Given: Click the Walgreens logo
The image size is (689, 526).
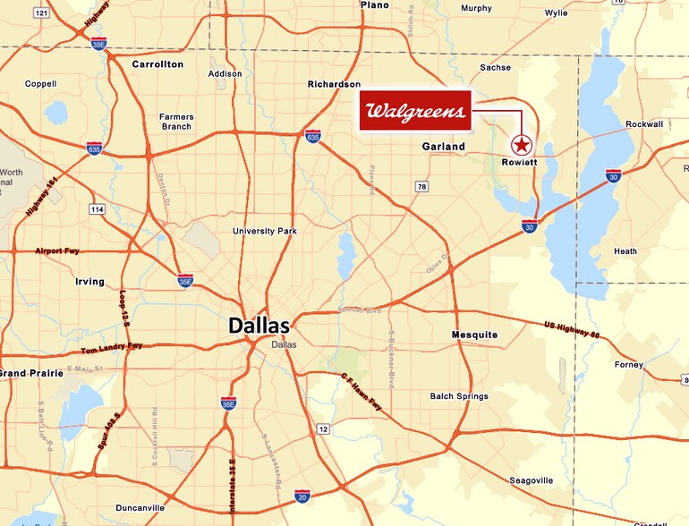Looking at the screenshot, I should point(415,112).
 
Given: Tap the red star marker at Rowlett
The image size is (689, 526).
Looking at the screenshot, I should point(520,144).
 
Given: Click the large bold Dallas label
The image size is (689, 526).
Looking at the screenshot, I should point(259,326).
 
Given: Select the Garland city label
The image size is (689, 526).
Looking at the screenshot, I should point(444,146).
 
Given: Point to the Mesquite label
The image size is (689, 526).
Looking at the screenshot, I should point(474,335).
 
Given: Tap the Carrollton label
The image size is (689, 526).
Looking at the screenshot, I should point(157,64).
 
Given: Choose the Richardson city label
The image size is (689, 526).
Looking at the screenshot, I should point(334,84).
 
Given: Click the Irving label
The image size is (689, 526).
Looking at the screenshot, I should point(89,282).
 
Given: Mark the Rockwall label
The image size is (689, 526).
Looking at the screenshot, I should point(644,123).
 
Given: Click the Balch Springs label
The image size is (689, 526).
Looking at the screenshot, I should point(459,396).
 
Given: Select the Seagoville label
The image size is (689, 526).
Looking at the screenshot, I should point(532,480).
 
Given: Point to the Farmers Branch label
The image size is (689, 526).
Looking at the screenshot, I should point(176,122).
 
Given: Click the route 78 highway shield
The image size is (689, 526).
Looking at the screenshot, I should point(421,186).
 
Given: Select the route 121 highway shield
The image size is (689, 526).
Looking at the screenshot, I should point(41,13).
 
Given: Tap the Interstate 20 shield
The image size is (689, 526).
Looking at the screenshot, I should point(302,496).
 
